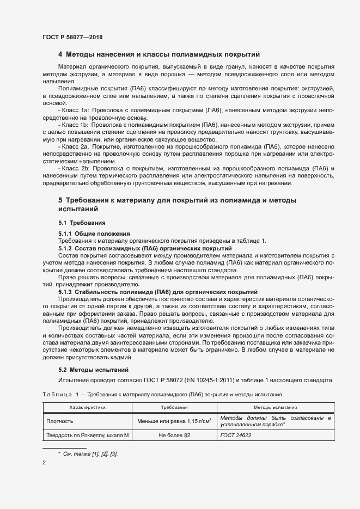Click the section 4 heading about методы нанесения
pos(159,54)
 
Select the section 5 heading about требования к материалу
pos(177,205)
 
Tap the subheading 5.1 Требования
pos(82,223)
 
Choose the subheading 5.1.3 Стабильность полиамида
pos(150,292)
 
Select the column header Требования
pos(174,407)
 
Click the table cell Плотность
pos(59,421)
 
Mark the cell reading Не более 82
pos(174,436)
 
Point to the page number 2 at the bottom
pos(44,463)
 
